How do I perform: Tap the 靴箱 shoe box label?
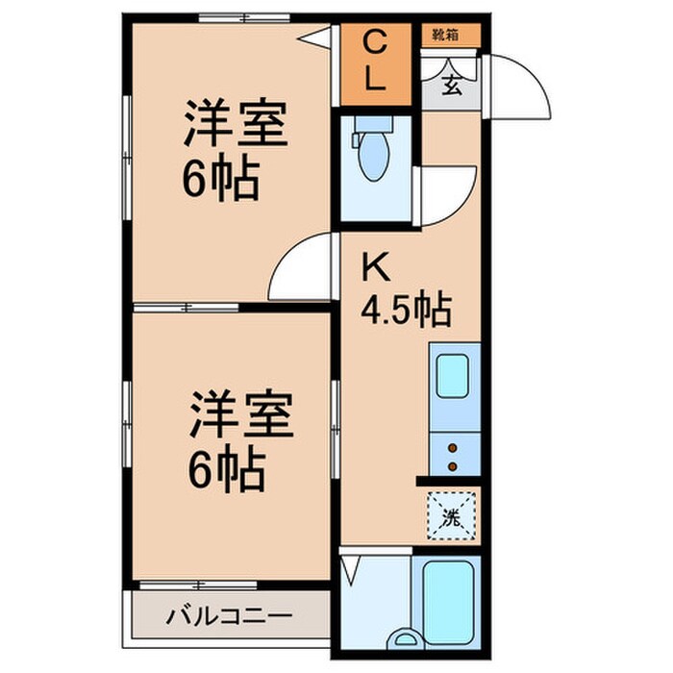(446, 35)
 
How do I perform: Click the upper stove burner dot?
(453, 449)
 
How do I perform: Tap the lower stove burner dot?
(453, 466)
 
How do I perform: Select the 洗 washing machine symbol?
(451, 516)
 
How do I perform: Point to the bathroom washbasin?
(405, 638)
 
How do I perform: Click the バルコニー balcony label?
(230, 617)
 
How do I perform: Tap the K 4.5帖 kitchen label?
(406, 290)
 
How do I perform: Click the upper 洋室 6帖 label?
(234, 149)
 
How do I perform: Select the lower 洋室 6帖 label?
(239, 440)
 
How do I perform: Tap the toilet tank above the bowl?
(373, 124)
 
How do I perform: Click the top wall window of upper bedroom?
(244, 18)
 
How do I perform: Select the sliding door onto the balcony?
(198, 585)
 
